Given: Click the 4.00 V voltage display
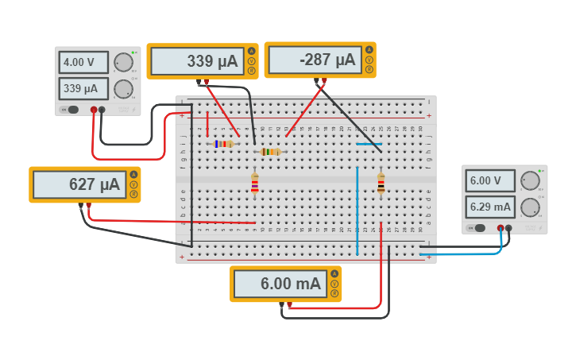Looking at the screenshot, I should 83,62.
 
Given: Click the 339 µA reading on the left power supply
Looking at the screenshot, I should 83,88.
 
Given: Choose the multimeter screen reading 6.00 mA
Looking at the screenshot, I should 280,284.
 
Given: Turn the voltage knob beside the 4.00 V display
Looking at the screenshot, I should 123,63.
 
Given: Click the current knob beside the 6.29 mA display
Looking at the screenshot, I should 530,207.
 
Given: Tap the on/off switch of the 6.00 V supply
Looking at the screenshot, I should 476,229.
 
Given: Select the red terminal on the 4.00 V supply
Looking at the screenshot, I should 94,110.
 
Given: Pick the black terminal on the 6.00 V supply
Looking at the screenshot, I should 508,229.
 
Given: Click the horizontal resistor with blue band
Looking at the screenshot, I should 224,144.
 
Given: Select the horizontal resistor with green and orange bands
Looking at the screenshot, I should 270,152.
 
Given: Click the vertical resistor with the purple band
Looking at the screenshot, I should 254,184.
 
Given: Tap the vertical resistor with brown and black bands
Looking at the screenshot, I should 381,184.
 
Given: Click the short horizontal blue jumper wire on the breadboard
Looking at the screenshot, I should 368,144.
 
